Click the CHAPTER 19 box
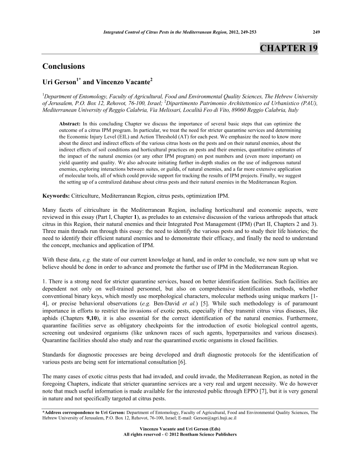click(289, 48)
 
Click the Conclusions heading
click(64, 67)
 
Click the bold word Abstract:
click(70, 124)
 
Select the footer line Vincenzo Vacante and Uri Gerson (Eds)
click(180, 428)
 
